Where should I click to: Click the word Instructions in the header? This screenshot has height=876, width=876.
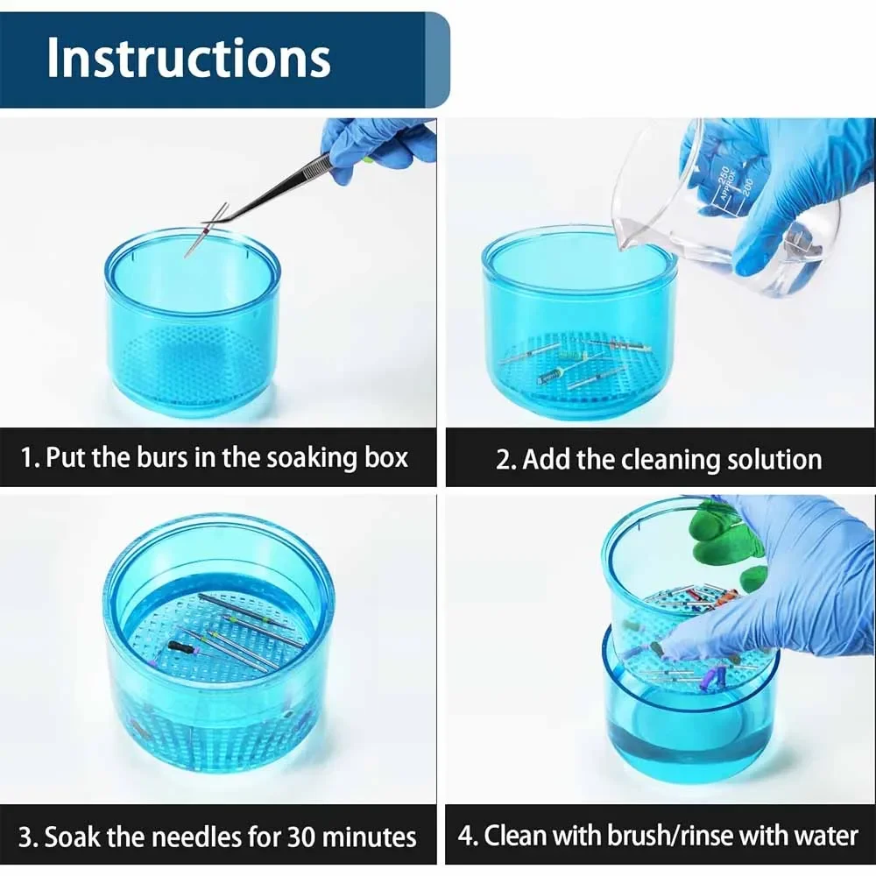pos(188,58)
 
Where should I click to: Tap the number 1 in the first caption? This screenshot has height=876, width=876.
pos(27,458)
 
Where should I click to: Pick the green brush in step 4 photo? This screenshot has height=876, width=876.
pos(723,541)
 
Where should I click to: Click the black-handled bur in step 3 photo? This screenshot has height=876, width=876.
pos(179,646)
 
